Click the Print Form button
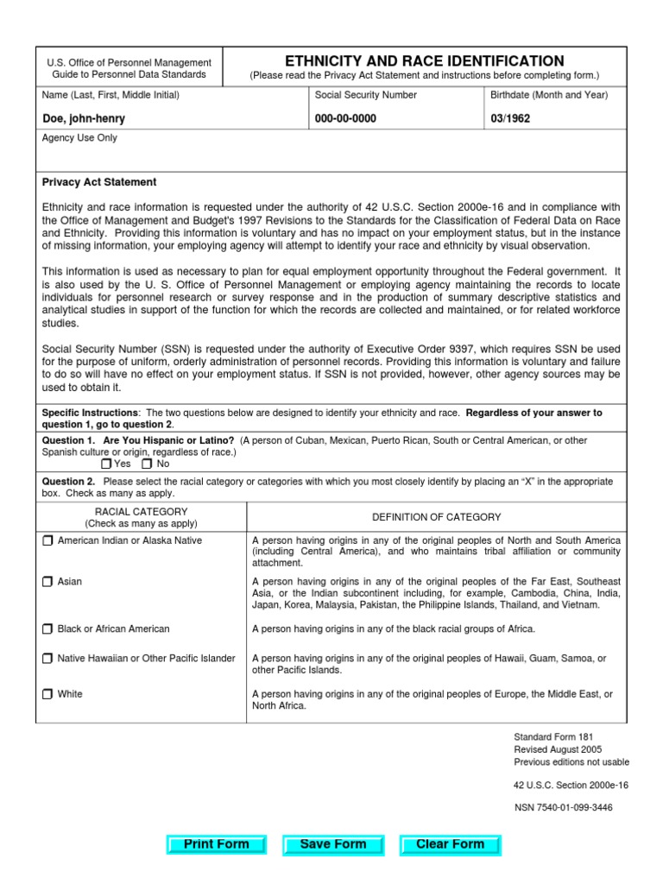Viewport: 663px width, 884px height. click(217, 844)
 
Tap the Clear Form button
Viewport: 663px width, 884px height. click(450, 844)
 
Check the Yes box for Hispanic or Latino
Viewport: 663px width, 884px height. click(106, 464)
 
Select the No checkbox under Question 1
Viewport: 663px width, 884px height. click(147, 464)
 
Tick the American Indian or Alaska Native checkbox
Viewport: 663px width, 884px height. click(47, 540)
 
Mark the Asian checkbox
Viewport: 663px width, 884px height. click(47, 582)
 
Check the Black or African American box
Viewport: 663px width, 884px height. click(47, 629)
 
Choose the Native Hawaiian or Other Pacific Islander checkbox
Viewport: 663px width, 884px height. click(47, 659)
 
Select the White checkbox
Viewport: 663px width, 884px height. click(47, 694)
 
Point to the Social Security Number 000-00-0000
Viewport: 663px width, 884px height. click(345, 119)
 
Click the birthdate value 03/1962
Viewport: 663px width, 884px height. click(510, 119)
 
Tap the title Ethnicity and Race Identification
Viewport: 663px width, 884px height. click(424, 61)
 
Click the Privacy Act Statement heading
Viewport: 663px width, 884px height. click(99, 182)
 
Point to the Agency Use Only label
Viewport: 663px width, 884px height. click(79, 138)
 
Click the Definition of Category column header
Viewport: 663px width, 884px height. click(436, 517)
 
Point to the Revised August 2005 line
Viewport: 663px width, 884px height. click(558, 750)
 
